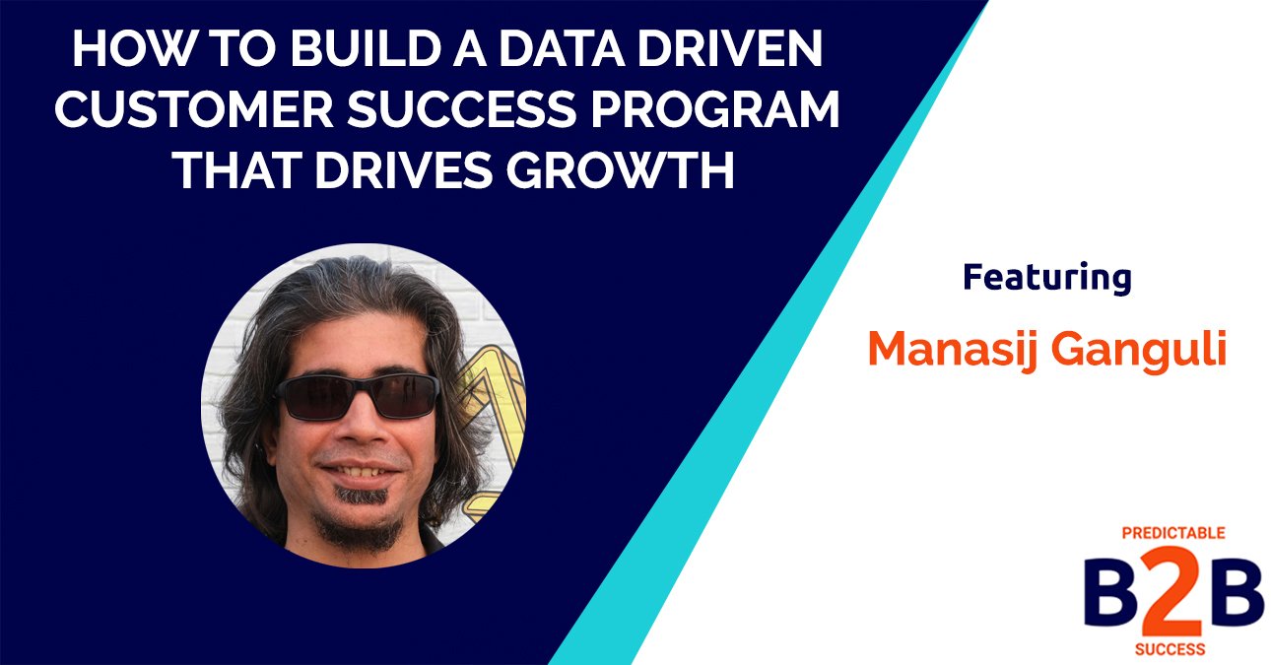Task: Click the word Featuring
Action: tap(1047, 278)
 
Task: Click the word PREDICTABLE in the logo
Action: tap(1173, 533)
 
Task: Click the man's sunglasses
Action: tap(357, 396)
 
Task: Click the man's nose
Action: tap(361, 429)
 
